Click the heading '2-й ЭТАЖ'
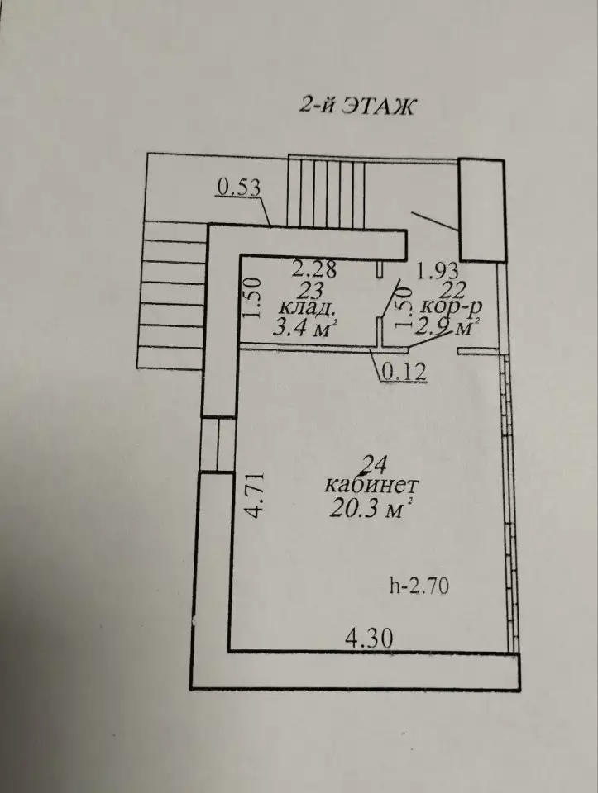[356, 107]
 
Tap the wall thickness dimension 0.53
[238, 188]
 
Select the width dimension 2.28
[314, 268]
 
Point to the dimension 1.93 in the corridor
[437, 271]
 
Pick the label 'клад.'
[308, 308]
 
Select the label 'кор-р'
[451, 308]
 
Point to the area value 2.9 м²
[447, 328]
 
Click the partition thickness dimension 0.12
[403, 372]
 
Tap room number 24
[373, 464]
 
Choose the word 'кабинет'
[371, 486]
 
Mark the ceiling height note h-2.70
[419, 586]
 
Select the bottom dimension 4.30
[369, 639]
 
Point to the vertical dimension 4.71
[256, 495]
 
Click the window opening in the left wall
[218, 445]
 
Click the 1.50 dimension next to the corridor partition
[404, 307]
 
